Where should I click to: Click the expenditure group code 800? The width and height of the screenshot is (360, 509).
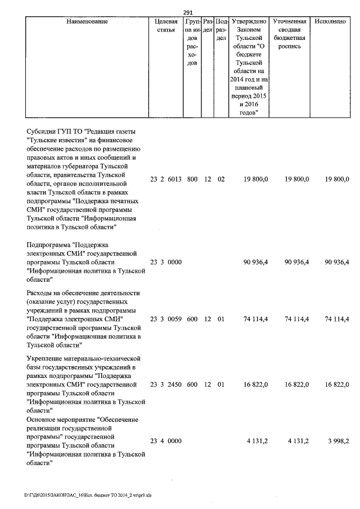(192, 179)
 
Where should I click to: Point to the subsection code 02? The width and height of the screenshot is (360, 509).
(220, 179)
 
